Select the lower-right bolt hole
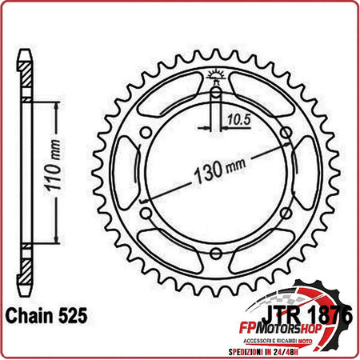(x=287, y=214)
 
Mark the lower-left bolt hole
(x=145, y=214)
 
